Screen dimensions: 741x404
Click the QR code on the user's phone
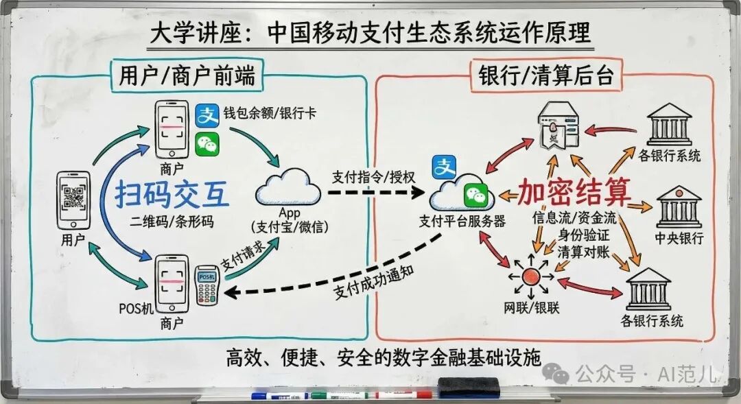click(x=73, y=197)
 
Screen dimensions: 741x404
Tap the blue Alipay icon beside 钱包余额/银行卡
click(x=207, y=115)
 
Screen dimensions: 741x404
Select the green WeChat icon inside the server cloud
click(x=475, y=195)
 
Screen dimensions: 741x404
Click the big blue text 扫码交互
click(x=172, y=194)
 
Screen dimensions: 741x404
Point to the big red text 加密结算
click(x=575, y=191)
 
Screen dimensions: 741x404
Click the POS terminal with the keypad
click(x=207, y=285)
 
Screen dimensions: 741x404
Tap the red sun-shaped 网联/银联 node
click(x=531, y=276)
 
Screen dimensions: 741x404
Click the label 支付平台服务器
click(x=462, y=221)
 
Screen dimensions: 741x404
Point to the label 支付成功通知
click(x=375, y=282)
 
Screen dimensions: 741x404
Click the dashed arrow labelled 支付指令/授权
click(x=376, y=192)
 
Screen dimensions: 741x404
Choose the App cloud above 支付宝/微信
click(x=287, y=189)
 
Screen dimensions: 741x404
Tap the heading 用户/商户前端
click(x=187, y=75)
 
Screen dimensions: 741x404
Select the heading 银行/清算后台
click(x=546, y=75)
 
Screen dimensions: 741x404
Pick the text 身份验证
click(x=583, y=235)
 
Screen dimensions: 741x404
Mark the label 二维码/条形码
click(x=172, y=222)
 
